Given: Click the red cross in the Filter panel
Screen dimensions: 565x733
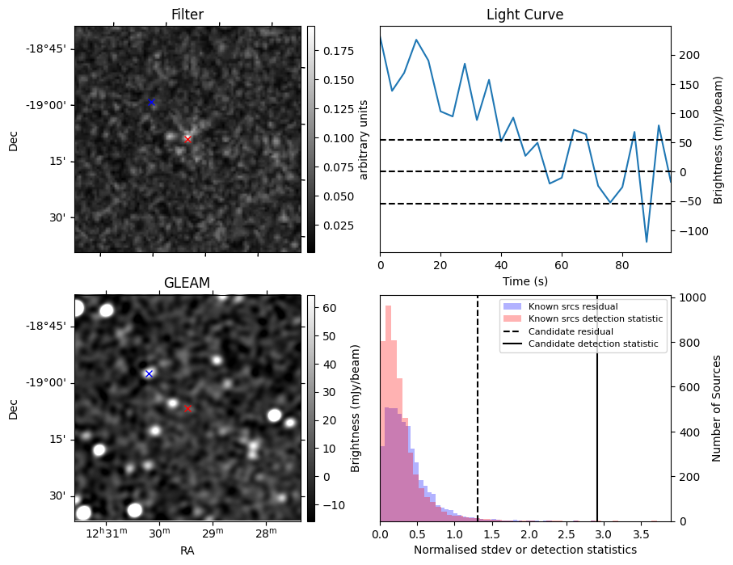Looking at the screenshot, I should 187,139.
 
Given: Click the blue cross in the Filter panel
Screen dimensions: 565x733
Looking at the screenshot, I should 151,103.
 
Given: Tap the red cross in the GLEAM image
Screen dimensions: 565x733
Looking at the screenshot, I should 187,408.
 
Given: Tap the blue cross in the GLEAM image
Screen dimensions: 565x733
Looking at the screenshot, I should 149,373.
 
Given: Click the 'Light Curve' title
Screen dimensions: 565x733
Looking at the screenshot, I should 524,15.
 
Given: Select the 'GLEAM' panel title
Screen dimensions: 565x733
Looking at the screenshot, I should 187,283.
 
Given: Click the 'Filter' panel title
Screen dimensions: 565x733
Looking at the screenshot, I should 187,15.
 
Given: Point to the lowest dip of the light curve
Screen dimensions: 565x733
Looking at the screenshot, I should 647,242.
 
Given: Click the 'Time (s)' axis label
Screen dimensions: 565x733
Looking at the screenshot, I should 524,280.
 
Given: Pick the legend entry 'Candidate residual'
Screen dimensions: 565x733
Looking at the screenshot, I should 571,331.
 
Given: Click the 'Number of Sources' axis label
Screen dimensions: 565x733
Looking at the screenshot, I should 717,408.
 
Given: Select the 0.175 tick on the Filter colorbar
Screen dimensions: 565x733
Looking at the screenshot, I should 335,51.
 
